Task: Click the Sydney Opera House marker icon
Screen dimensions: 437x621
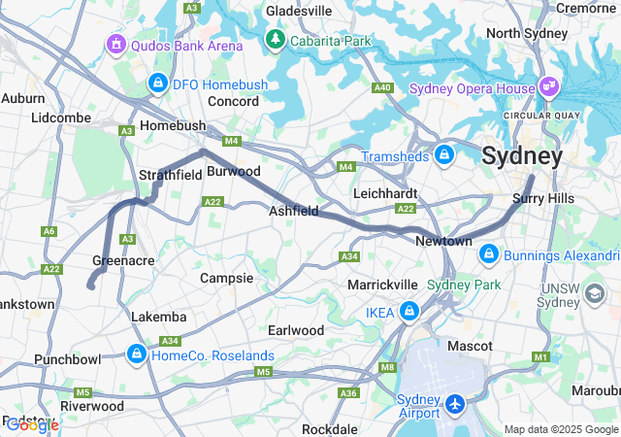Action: pyautogui.click(x=549, y=87)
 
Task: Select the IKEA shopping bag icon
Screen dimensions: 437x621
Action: pyautogui.click(x=409, y=312)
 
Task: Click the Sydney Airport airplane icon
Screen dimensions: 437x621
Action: pyautogui.click(x=455, y=401)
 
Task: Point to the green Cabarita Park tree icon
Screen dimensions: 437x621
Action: pyautogui.click(x=276, y=41)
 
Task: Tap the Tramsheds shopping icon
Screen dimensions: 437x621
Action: pyautogui.click(x=444, y=155)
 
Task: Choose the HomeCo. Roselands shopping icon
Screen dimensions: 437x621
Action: pyautogui.click(x=137, y=354)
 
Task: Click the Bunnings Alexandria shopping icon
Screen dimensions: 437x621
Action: pyautogui.click(x=490, y=254)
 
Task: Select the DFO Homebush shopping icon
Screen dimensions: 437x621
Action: pyautogui.click(x=157, y=84)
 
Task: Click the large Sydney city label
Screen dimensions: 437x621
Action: pyautogui.click(x=522, y=155)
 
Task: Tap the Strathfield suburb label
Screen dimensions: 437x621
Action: pyautogui.click(x=170, y=175)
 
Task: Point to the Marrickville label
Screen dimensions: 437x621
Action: pyautogui.click(x=383, y=285)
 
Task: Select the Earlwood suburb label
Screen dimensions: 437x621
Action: pyautogui.click(x=296, y=330)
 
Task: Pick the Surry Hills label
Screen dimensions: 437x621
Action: pyautogui.click(x=542, y=198)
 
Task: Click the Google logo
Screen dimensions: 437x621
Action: pyautogui.click(x=32, y=424)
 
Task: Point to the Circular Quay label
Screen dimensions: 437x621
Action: pyautogui.click(x=540, y=115)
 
